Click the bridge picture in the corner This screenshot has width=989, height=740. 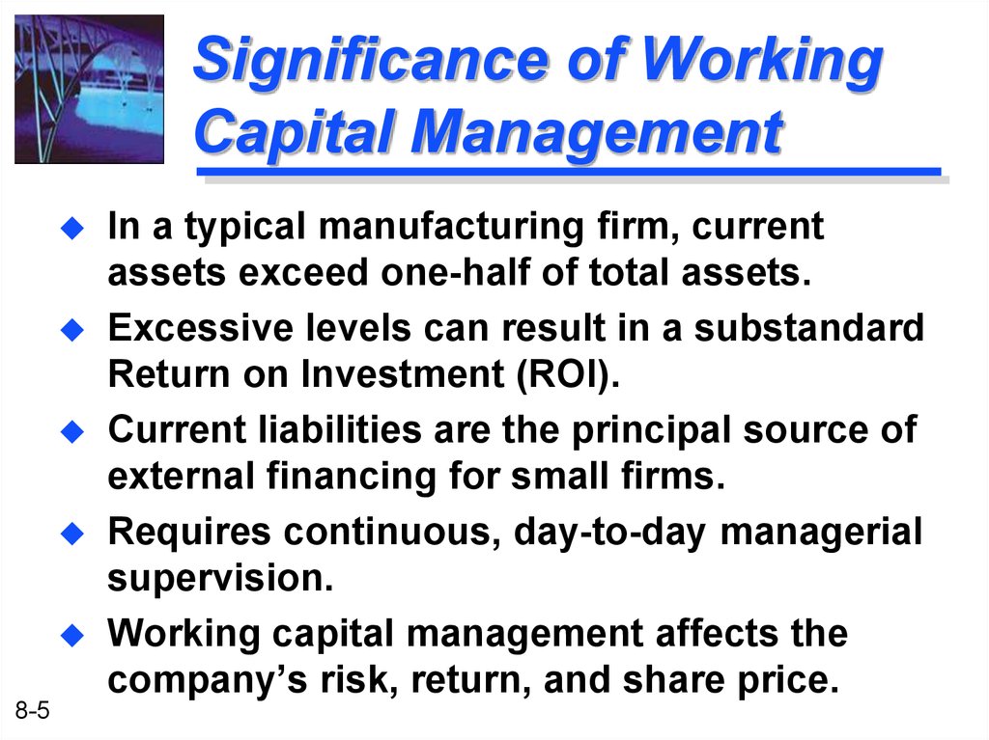pyautogui.click(x=89, y=88)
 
